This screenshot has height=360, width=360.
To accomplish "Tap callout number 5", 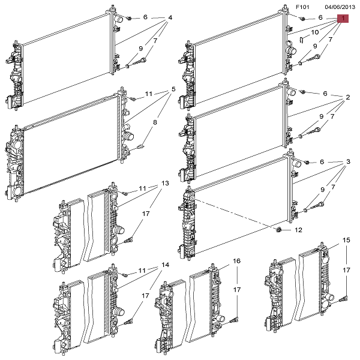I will coord(173,90).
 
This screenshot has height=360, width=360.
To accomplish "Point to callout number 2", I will coord(347,97).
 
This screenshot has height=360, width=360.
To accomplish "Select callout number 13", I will coord(165,183).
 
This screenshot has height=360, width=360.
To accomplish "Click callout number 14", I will coord(165,265).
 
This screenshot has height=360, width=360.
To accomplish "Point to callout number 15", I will coord(346,240).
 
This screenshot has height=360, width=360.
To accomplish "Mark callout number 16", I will coord(237,261).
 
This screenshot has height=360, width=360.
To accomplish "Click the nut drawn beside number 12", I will coord(279,230).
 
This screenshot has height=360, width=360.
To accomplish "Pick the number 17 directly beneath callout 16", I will coord(237,290).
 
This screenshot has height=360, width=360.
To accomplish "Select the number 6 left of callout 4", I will coord(145,18).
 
